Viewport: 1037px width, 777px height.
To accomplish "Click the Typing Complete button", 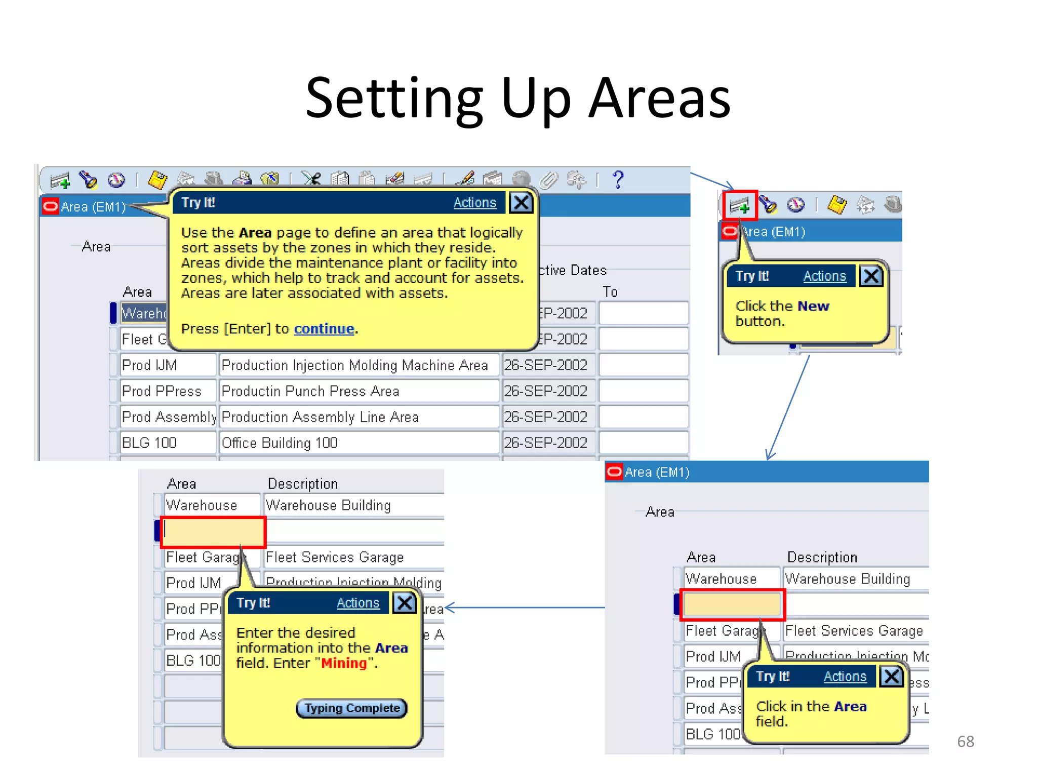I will tap(352, 708).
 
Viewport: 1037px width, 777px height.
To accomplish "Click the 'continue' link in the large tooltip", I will tap(324, 329).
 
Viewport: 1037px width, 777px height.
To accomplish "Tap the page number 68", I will tap(965, 742).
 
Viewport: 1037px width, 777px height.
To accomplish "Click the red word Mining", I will tap(344, 663).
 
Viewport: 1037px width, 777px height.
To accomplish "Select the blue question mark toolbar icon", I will tap(618, 180).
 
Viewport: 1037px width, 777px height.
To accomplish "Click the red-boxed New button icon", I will tap(740, 205).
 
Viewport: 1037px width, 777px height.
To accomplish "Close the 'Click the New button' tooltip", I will tap(871, 276).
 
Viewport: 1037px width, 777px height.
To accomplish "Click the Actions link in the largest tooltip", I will tap(474, 203).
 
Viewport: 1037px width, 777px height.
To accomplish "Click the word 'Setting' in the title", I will tap(394, 98).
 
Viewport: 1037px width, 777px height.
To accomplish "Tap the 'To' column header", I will tap(610, 292).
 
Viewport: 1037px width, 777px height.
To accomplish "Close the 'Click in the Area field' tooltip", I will tap(891, 676).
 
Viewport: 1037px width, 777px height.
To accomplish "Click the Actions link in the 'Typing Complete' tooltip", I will tap(358, 603).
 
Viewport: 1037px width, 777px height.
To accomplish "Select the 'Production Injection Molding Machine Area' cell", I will tap(354, 365).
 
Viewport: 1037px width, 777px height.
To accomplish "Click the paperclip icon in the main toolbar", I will tap(548, 180).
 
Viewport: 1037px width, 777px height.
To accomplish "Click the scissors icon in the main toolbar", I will tap(311, 179).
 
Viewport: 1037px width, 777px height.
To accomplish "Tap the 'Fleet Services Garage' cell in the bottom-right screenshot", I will tap(854, 631).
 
